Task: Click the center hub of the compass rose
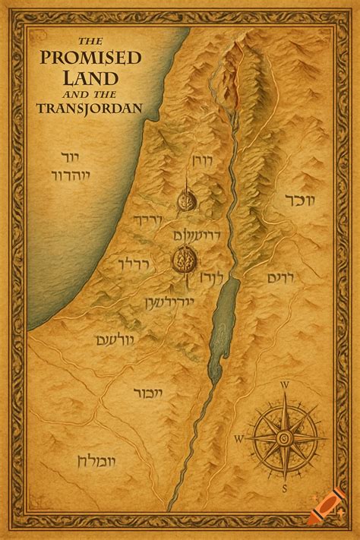[x=283, y=437]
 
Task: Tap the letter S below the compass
[x=284, y=487]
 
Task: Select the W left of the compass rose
[x=238, y=438]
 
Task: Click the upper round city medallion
[x=187, y=201]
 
